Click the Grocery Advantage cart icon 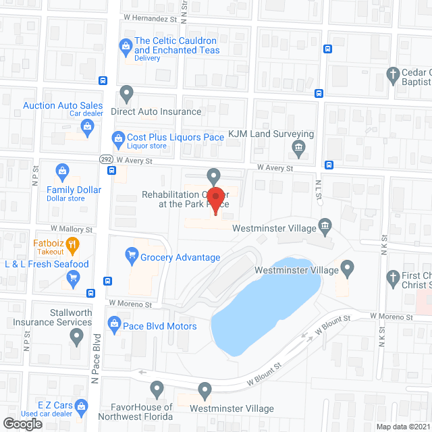pyautogui.click(x=132, y=255)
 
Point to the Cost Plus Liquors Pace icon pyautogui.click(x=119, y=137)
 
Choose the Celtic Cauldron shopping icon pyautogui.click(x=126, y=45)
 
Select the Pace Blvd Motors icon pyautogui.click(x=115, y=325)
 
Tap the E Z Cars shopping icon pyautogui.click(x=82, y=406)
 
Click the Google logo pyautogui.click(x=22, y=423)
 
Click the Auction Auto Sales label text pyautogui.click(x=63, y=105)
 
